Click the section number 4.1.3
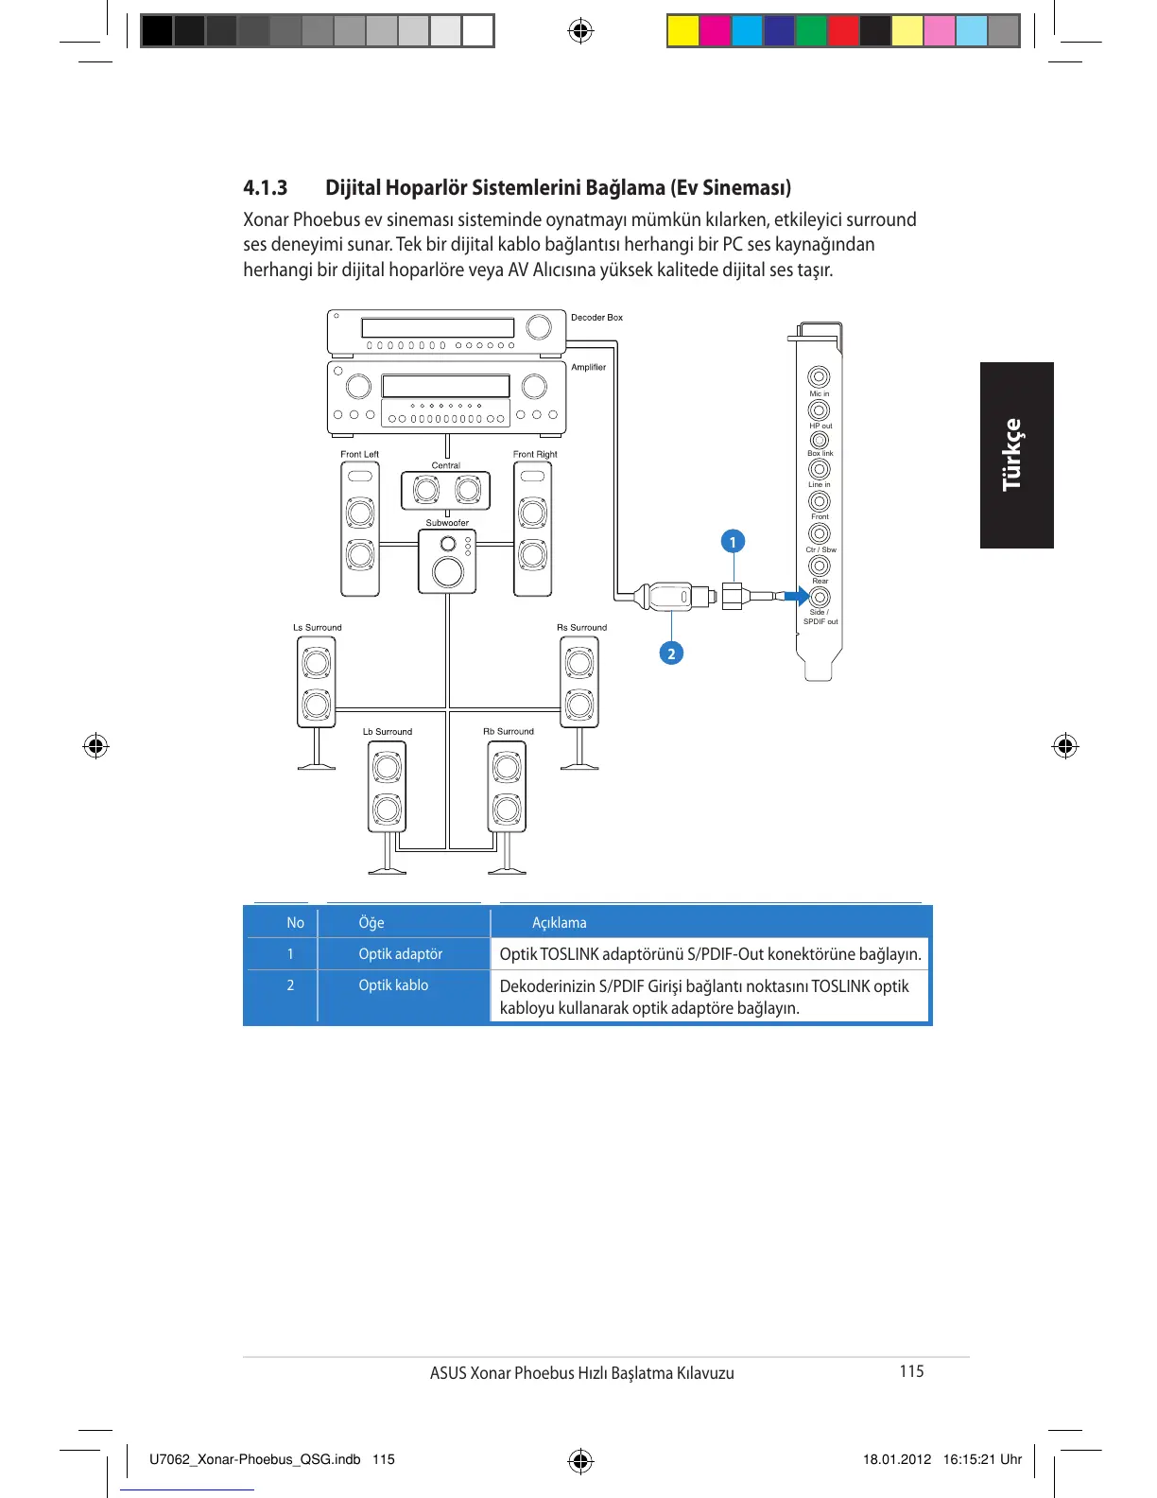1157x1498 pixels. tap(265, 187)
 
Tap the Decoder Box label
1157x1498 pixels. tap(596, 318)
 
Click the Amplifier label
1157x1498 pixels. tap(588, 367)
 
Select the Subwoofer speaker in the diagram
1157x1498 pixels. tap(447, 562)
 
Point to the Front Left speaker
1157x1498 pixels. tap(360, 530)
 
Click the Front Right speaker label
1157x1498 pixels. tap(535, 454)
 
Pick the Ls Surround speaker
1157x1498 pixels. tap(317, 681)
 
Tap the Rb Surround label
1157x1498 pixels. tap(509, 731)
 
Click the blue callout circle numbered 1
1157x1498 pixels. tap(733, 542)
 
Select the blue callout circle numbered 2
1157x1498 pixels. tap(671, 653)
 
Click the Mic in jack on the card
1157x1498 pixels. tap(819, 377)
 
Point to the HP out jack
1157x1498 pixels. tap(819, 409)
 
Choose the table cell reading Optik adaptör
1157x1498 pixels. tap(401, 953)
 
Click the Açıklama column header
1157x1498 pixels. tap(560, 922)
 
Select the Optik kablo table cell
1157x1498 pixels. tap(393, 984)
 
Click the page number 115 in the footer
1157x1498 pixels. tap(911, 1371)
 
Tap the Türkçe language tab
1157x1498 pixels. tap(1014, 455)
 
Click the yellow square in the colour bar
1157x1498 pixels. tap(682, 31)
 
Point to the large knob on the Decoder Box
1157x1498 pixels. tap(539, 327)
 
